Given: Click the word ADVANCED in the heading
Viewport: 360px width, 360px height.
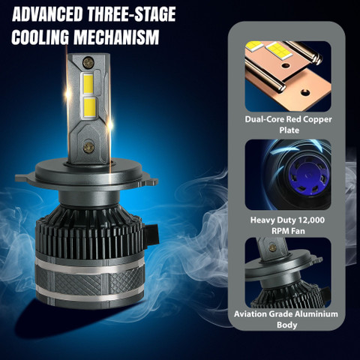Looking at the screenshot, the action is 47,14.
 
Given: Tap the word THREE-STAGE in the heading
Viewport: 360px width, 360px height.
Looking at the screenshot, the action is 131,14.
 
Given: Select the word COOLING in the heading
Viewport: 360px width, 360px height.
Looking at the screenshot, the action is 40,37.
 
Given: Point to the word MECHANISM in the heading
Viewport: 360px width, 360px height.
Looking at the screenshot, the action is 116,37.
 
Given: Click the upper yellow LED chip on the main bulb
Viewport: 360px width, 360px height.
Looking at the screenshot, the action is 88,83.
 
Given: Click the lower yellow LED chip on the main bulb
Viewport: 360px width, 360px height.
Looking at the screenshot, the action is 90,107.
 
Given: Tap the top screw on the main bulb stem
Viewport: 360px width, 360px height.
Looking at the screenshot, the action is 88,62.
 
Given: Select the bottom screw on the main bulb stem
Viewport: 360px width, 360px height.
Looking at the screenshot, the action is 89,148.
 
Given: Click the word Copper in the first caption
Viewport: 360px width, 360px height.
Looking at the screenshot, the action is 318,119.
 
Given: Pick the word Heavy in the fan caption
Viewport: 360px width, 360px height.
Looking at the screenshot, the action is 260,220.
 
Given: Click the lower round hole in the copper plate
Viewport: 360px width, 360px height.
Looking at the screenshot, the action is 305,92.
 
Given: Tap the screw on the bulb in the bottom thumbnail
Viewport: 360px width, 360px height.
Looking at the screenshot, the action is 271,247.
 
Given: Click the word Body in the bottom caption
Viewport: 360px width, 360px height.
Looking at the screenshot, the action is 286,325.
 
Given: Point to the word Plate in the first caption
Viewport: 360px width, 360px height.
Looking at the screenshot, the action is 289,130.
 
